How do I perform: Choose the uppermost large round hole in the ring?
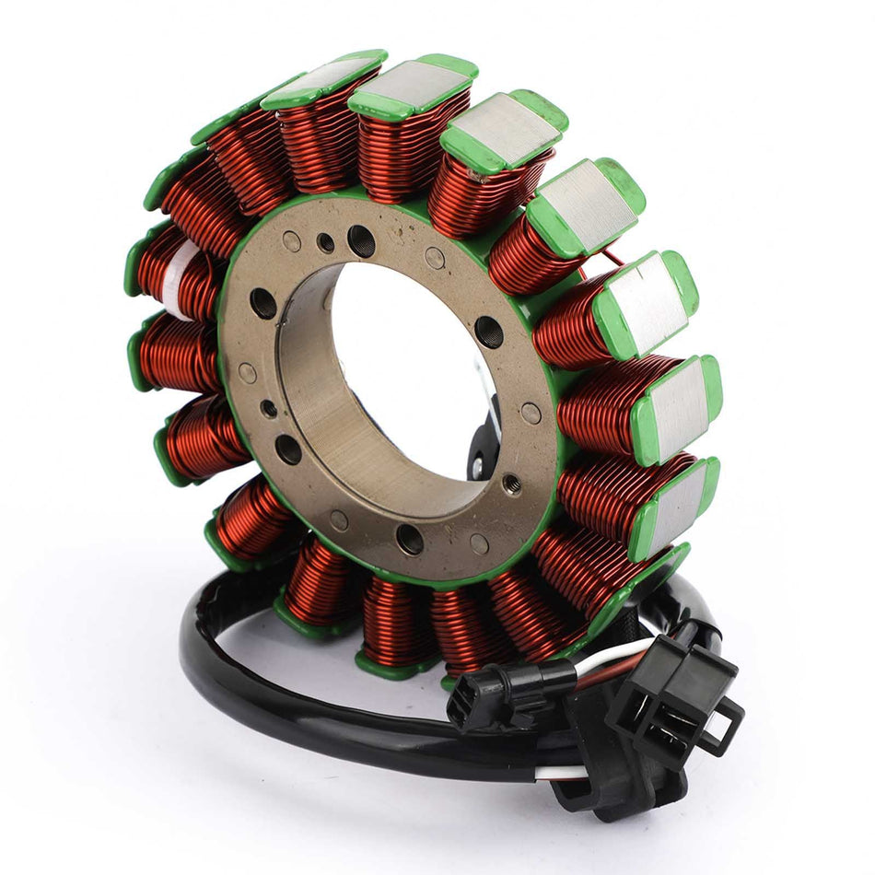[x=362, y=241]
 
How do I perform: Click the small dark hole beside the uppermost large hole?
[x=325, y=243]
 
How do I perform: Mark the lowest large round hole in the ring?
[x=411, y=540]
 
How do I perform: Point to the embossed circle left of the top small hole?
[x=292, y=242]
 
